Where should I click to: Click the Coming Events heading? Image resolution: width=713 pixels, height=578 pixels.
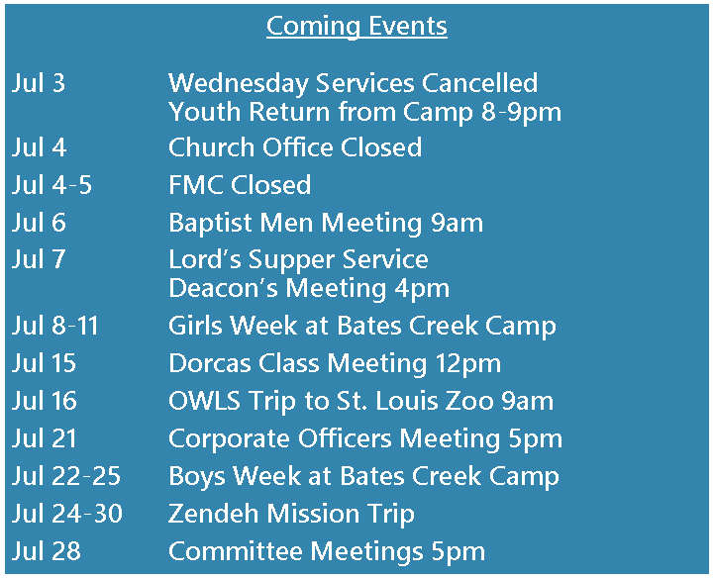pos(356,27)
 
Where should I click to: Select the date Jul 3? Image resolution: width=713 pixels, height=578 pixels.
pos(39,83)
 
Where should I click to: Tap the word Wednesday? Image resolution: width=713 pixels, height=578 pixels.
pos(239,83)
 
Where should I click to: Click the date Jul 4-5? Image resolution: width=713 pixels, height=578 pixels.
pos(51,185)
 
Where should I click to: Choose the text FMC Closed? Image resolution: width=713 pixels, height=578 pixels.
pos(240,185)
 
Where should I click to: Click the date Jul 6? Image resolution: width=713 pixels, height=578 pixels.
pos(39,223)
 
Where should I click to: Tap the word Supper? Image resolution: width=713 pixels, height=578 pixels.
pos(291,260)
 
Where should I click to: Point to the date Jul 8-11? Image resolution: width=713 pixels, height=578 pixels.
pos(55,326)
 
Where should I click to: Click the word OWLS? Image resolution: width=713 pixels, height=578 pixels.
pos(204,401)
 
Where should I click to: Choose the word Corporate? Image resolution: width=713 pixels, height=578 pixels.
pos(229,439)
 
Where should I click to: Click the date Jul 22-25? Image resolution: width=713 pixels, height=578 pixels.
pos(66,476)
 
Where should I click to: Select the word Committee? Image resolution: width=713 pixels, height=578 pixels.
pos(236,551)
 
